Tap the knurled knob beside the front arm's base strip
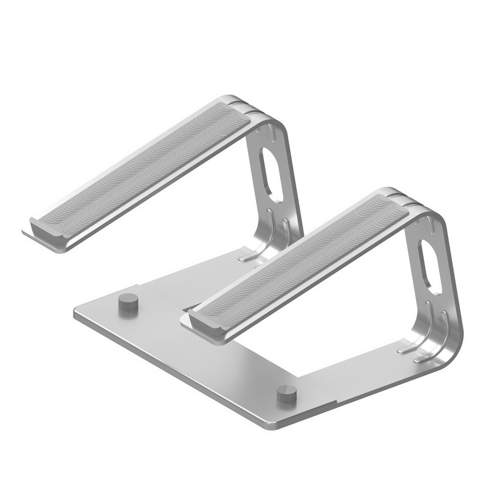(x=287, y=394)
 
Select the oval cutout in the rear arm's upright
(x=270, y=175)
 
